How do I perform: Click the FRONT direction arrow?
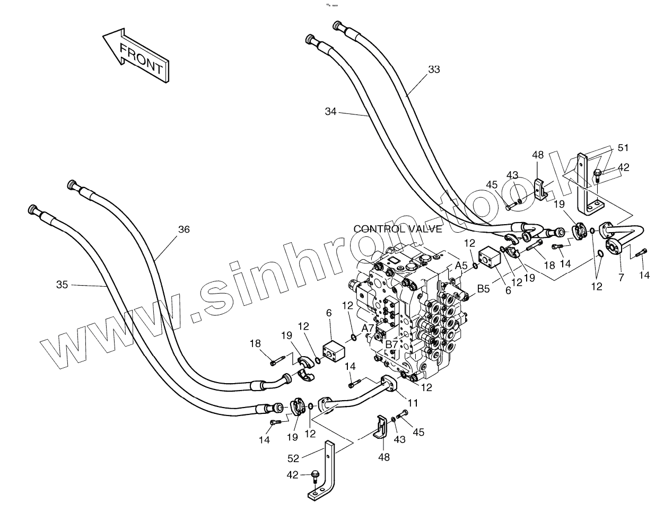coord(136,56)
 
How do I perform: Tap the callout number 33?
coord(434,69)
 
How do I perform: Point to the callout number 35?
coord(62,285)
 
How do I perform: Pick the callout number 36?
coord(184,229)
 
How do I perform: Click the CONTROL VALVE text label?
coord(397,229)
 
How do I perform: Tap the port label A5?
coord(461,266)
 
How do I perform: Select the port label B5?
coord(483,289)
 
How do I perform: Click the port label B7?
coord(391,345)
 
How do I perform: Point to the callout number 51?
coord(623,147)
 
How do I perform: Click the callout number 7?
coord(621,277)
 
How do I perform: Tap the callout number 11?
coord(413,403)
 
